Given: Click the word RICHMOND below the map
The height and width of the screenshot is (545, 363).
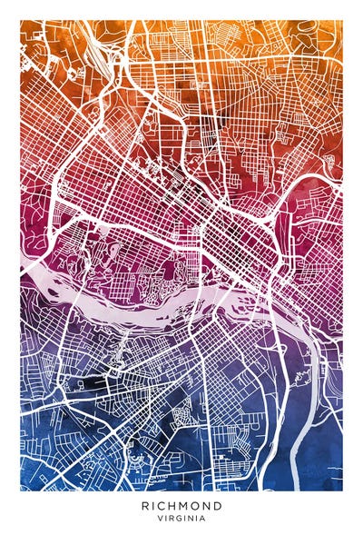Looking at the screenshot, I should [x=181, y=505].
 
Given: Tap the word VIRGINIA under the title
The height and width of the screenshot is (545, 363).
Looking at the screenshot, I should [x=181, y=519].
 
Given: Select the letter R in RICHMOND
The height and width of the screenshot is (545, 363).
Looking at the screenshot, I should [x=145, y=505].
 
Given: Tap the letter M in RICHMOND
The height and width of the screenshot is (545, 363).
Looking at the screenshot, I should [x=187, y=505].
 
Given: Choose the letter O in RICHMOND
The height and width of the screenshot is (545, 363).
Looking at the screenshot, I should [x=198, y=505].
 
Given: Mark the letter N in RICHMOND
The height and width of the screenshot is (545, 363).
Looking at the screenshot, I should [x=209, y=505].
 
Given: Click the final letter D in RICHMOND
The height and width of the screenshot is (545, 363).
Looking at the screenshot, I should [x=219, y=505].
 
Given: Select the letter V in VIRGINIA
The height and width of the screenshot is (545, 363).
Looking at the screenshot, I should [x=160, y=519].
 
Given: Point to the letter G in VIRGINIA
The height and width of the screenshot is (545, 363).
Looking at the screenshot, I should [x=179, y=519].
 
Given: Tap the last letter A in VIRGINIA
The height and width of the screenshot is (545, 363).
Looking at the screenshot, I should [x=203, y=519].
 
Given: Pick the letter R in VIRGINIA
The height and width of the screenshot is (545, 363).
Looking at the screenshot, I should [x=172, y=519].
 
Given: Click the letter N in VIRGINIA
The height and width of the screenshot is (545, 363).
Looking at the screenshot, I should [x=191, y=519].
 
